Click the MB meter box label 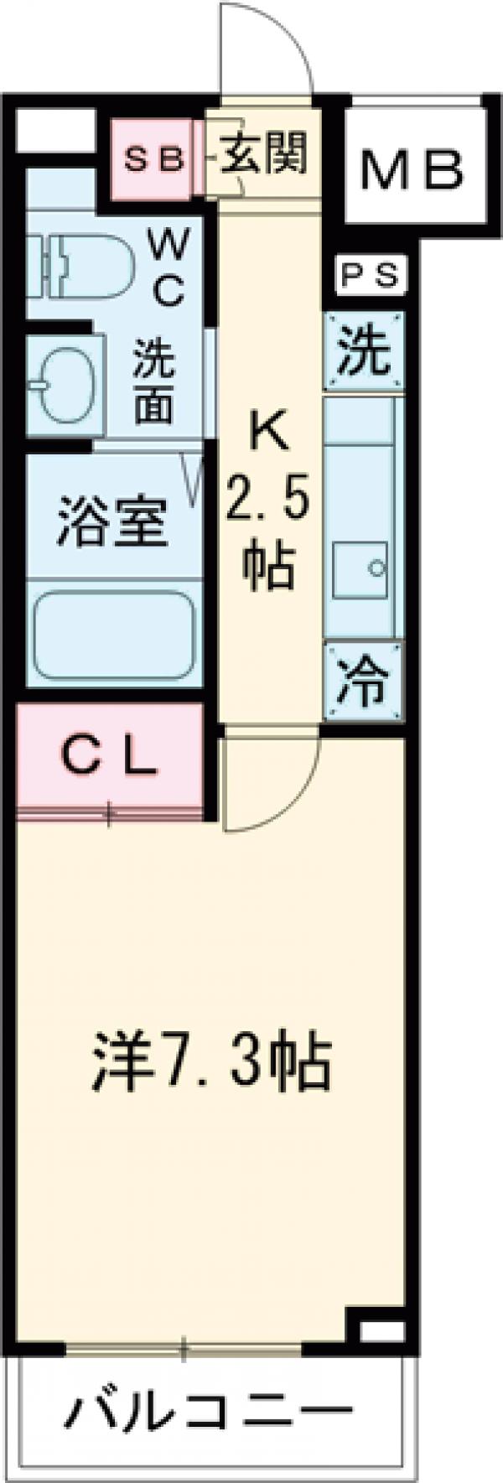coord(411,171)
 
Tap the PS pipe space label coord(370,276)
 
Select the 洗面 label coord(156,382)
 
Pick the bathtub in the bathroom coord(114,637)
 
